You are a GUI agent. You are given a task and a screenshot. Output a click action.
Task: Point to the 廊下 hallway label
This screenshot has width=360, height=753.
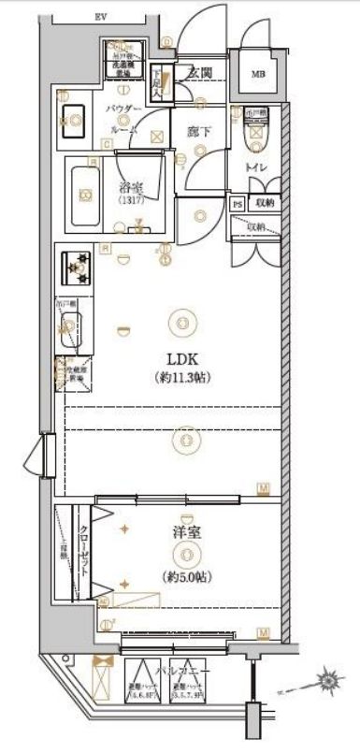197,133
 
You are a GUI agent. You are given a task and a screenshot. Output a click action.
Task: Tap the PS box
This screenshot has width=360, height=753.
238,202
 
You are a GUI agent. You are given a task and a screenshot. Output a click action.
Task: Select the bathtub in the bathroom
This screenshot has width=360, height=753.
87,193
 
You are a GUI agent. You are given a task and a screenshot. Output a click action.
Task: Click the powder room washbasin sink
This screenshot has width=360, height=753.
72,121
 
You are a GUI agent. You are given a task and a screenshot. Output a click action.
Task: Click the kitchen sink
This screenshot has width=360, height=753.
68,326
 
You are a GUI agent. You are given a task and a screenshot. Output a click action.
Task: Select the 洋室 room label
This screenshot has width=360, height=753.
182,535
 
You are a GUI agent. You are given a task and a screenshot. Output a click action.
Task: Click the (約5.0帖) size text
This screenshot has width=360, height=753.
182,573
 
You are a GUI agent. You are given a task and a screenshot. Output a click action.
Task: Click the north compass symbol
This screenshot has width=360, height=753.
327,677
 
